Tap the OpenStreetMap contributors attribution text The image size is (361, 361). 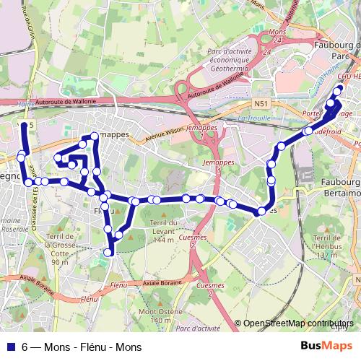tap(298, 323)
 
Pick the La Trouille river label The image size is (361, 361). tap(253, 118)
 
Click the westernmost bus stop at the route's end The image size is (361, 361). tap(23, 126)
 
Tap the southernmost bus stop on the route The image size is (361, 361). tap(110, 252)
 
